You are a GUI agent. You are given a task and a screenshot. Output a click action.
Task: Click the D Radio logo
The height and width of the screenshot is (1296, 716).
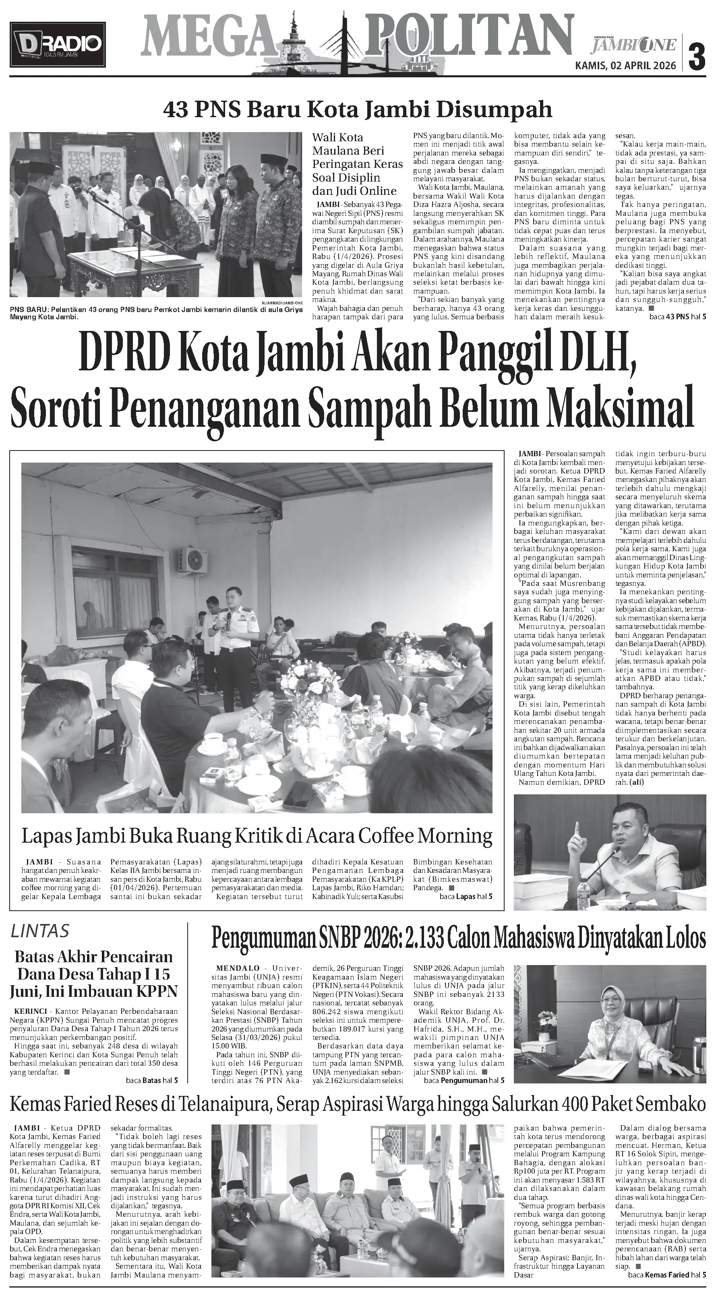coord(57,44)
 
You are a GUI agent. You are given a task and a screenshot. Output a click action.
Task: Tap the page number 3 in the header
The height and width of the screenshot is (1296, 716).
coord(697,53)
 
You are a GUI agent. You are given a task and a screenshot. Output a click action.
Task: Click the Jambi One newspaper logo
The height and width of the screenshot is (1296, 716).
coord(634,44)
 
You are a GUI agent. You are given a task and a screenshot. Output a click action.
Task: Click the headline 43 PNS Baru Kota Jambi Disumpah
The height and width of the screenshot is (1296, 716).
coord(357,109)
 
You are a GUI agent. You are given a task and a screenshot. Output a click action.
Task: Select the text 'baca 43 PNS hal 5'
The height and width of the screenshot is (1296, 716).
coord(677,317)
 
